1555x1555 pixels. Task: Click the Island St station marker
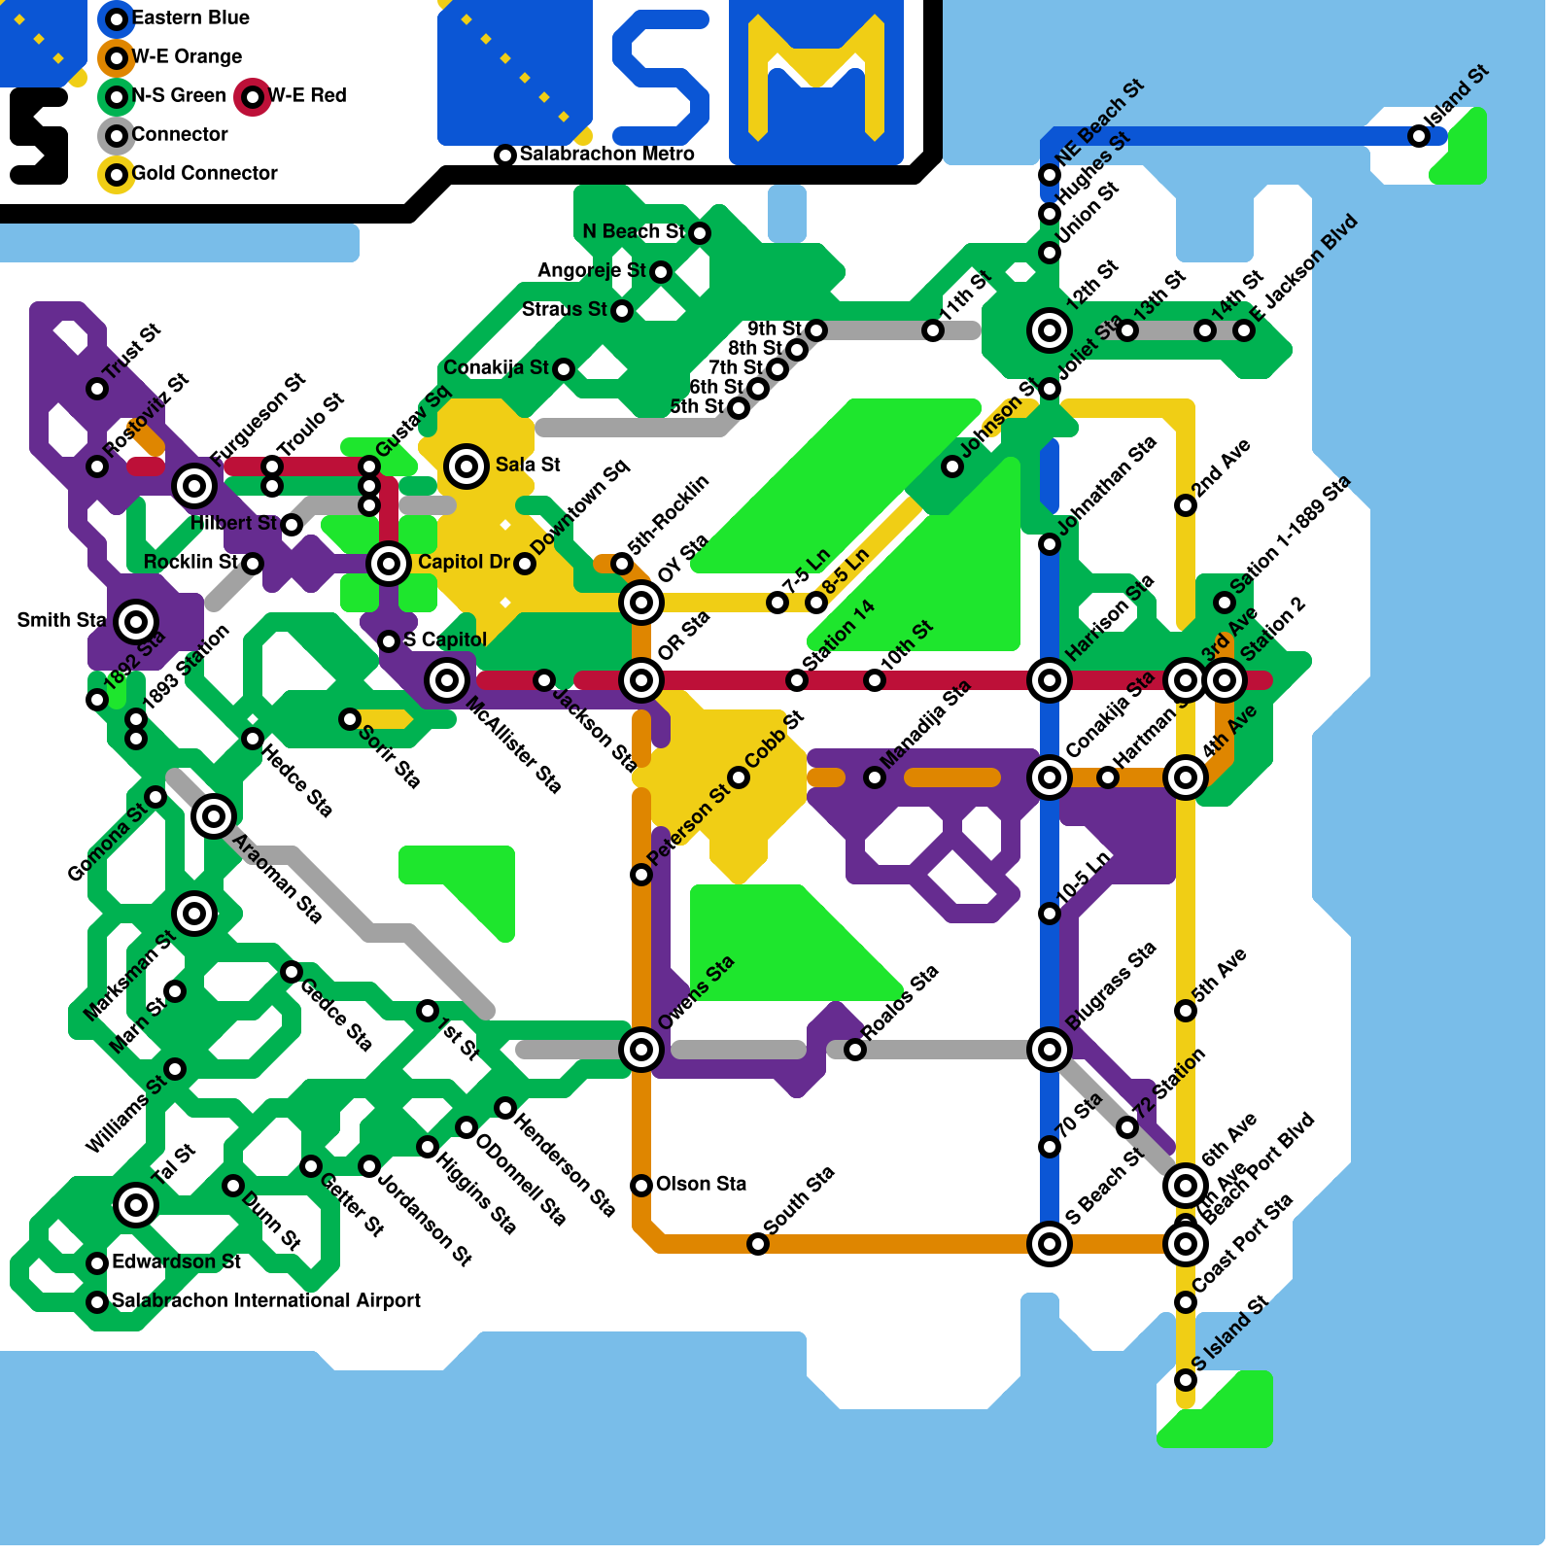(1419, 136)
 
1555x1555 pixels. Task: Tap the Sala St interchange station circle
(466, 466)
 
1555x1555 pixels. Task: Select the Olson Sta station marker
(641, 1186)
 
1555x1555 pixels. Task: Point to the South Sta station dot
(758, 1244)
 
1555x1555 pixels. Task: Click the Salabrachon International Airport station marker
(97, 1302)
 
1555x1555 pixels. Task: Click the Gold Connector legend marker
(117, 175)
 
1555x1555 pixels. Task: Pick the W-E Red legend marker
(253, 97)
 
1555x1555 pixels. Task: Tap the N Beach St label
(633, 231)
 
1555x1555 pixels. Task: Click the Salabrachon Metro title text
(606, 154)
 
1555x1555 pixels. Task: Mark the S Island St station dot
(1186, 1380)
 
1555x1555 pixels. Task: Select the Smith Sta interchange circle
(136, 622)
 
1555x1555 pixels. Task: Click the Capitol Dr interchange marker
(389, 564)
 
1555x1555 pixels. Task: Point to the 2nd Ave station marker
(1186, 505)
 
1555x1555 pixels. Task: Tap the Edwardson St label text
(176, 1261)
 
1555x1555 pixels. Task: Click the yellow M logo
(816, 78)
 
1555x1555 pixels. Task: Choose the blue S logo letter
(661, 78)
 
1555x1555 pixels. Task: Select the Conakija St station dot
(564, 369)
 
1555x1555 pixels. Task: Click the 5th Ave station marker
(1186, 1011)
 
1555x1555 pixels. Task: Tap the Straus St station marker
(622, 311)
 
